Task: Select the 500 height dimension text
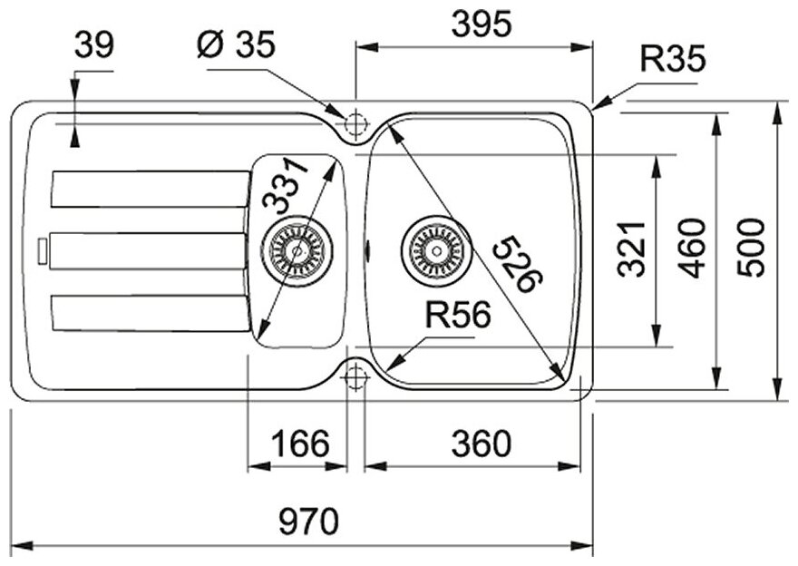[x=752, y=248]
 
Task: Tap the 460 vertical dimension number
[x=694, y=248]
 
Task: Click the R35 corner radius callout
[x=672, y=60]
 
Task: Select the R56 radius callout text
[x=457, y=316]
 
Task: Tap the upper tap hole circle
[x=355, y=122]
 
